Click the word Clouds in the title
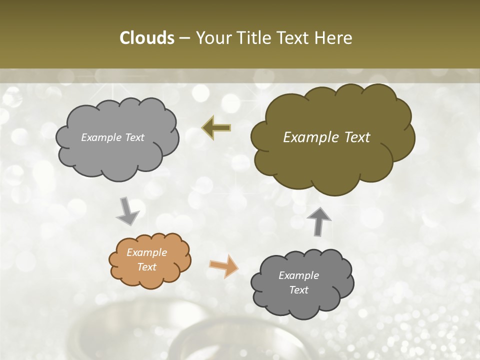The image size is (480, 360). click(x=147, y=38)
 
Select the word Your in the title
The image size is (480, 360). click(x=211, y=38)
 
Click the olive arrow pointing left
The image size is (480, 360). click(x=216, y=127)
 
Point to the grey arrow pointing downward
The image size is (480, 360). click(x=127, y=211)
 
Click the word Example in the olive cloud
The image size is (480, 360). click(x=306, y=137)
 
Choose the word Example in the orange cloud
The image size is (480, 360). click(x=146, y=252)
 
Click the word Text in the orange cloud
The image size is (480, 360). click(x=146, y=267)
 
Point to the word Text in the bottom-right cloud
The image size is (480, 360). click(x=298, y=290)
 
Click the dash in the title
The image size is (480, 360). click(x=184, y=38)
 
